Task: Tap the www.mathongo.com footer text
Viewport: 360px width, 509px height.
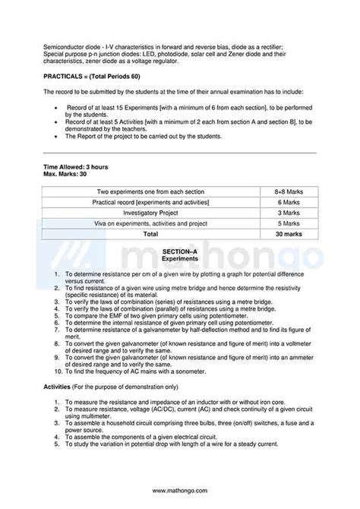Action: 180,491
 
